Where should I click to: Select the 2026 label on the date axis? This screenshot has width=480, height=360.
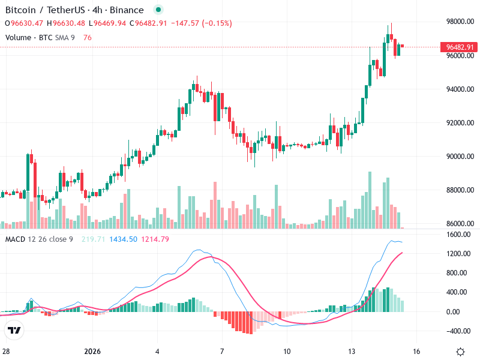92,352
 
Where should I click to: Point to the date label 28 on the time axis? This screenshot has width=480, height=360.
6,352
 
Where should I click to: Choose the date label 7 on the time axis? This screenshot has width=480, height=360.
222,352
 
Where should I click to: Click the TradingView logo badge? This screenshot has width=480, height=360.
14,330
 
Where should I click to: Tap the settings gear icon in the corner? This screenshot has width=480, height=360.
460,352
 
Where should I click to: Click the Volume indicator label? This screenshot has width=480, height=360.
18,38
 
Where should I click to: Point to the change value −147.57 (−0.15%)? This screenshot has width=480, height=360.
200,23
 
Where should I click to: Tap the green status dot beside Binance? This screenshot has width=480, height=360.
158,10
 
